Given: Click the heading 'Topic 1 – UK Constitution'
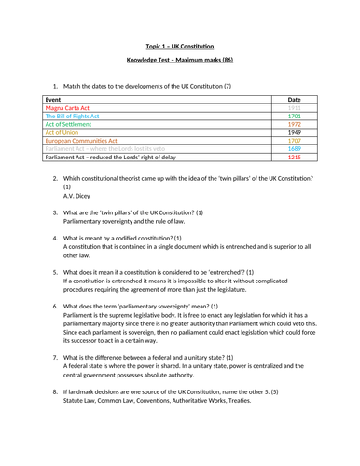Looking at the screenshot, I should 179,46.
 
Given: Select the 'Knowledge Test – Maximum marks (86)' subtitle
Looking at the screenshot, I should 179,62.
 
